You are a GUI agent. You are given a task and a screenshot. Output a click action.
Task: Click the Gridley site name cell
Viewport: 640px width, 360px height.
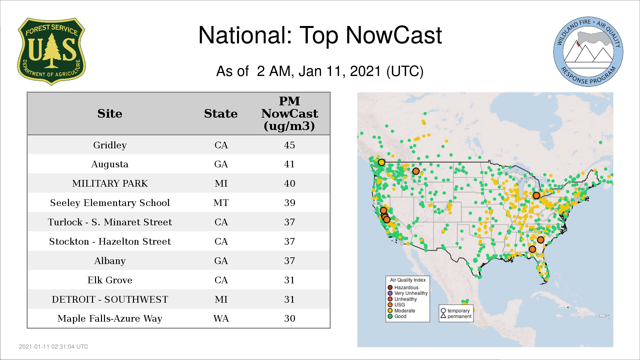point(110,145)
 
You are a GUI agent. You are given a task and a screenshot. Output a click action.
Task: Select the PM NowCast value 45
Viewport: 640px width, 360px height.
point(289,145)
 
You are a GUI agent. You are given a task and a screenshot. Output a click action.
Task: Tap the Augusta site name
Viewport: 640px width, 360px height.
point(110,164)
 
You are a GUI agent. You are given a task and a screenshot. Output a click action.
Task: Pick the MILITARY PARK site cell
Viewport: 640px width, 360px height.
point(110,183)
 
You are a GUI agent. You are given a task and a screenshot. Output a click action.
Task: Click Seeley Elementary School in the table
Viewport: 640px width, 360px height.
point(110,203)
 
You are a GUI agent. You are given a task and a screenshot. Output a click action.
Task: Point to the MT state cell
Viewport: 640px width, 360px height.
point(221,203)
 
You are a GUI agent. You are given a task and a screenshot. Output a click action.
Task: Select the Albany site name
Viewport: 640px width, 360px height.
point(110,261)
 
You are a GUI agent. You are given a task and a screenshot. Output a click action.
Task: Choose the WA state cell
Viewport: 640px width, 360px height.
point(221,318)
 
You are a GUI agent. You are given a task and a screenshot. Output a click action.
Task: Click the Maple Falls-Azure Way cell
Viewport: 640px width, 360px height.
point(110,318)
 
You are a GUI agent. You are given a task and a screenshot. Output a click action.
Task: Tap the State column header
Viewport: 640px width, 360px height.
point(221,114)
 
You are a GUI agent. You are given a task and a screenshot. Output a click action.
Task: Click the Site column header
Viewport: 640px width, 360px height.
point(110,114)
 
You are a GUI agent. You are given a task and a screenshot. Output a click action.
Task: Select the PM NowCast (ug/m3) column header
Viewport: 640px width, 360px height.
point(289,113)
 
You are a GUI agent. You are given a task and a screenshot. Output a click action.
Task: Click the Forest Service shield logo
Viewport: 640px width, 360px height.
point(51,51)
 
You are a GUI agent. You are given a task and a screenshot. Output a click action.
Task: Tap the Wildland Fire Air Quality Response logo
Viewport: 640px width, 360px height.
point(588,52)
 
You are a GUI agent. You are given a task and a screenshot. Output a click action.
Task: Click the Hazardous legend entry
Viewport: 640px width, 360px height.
point(403,287)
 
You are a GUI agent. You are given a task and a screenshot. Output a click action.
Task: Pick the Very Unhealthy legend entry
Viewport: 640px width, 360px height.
point(407,293)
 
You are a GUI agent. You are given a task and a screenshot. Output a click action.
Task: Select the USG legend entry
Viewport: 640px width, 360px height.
point(396,305)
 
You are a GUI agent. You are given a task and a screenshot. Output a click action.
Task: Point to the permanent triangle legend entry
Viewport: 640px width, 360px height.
point(456,316)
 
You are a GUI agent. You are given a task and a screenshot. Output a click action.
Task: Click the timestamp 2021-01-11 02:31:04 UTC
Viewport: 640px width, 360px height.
point(54,347)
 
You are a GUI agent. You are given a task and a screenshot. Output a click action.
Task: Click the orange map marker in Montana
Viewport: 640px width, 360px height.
point(416,171)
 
